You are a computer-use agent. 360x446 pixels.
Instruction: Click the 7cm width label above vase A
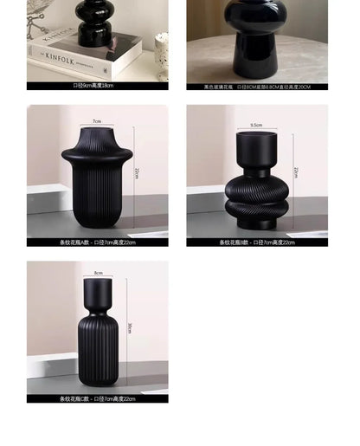pyautogui.click(x=97, y=122)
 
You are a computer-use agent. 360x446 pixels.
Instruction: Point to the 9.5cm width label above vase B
pyautogui.click(x=256, y=126)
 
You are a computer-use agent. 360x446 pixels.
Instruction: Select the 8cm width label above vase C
pyautogui.click(x=98, y=273)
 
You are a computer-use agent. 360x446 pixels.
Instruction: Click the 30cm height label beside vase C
pyautogui.click(x=131, y=326)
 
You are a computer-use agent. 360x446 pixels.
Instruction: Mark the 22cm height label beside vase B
pyautogui.click(x=296, y=171)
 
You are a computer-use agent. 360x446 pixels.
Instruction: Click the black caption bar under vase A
pyautogui.click(x=97, y=242)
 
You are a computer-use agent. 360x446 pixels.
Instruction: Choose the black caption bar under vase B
pyautogui.click(x=257, y=242)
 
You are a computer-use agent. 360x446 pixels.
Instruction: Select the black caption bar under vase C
pyautogui.click(x=97, y=399)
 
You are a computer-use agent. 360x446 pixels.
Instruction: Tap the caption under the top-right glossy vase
pyautogui.click(x=257, y=87)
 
